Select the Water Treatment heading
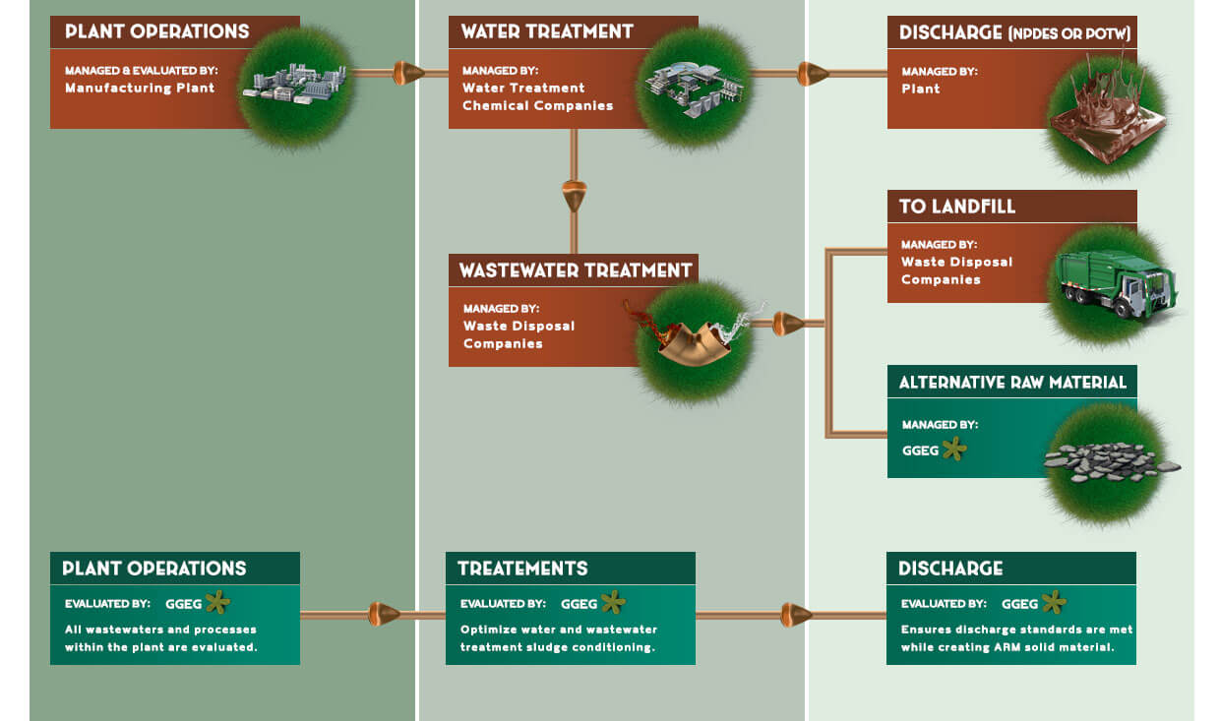pos(547,31)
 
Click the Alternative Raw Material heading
pos(1011,382)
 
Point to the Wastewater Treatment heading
pos(575,270)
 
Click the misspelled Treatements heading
pos(522,569)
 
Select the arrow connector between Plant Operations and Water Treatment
pos(406,73)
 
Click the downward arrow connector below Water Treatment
pos(575,195)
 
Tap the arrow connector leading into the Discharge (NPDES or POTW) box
pos(812,73)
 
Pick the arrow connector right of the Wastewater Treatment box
pos(788,323)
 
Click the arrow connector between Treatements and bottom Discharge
pos(795,616)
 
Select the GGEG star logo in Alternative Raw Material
pos(953,450)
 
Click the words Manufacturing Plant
pos(140,88)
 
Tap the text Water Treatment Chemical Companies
pos(537,96)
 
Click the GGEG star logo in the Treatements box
pos(613,602)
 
